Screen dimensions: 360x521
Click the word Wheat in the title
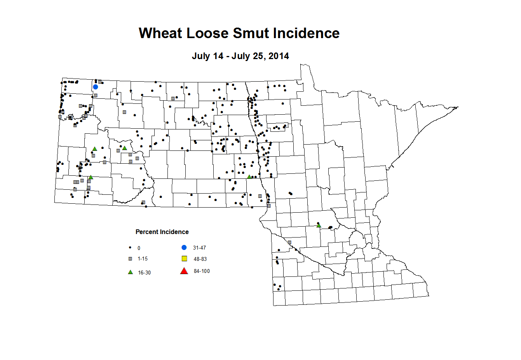161,33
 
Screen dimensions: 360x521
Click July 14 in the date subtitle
207,56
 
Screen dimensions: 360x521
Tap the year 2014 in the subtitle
279,56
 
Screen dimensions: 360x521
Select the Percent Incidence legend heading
162,232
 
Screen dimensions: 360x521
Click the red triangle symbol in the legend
184,271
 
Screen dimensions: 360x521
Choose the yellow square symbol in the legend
185,259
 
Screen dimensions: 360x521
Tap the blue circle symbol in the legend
184,248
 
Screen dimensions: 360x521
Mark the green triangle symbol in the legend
131,272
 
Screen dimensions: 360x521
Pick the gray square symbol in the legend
131,259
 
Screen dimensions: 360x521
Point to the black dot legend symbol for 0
130,248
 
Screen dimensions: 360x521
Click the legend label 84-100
202,271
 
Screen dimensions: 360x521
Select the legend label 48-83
200,259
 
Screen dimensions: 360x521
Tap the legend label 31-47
199,248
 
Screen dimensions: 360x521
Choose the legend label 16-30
144,273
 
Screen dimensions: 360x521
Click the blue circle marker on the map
96,87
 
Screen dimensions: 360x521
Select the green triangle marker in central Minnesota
319,225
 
